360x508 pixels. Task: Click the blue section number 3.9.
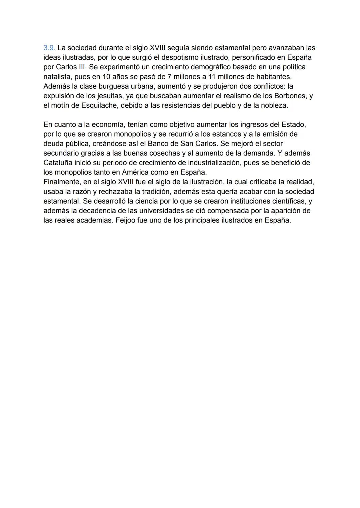(49, 48)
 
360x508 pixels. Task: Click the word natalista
(58, 77)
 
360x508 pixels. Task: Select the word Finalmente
(61, 182)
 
